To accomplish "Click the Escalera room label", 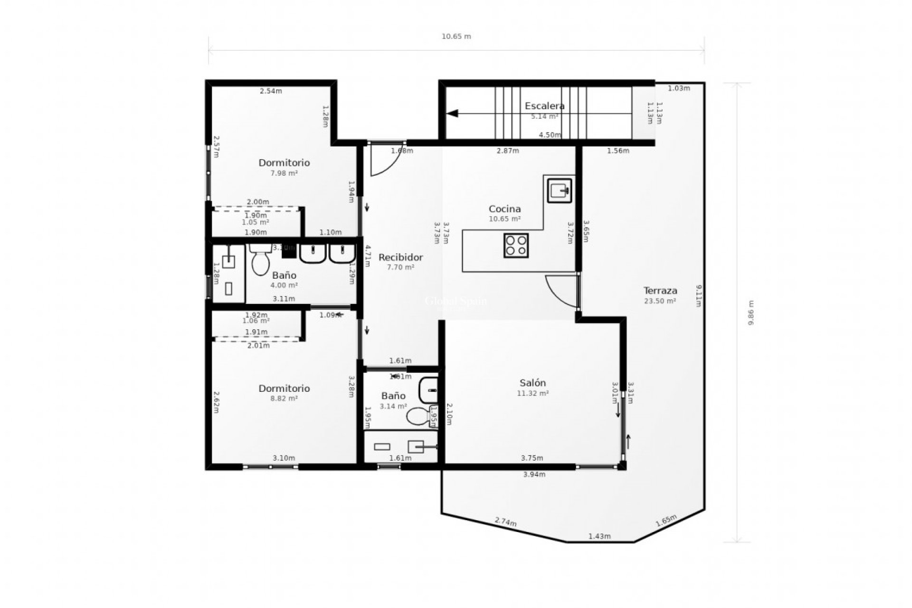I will pos(544,106).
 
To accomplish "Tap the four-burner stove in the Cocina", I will pos(516,246).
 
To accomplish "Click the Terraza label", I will pos(660,290).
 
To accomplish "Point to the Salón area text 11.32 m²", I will pos(532,393).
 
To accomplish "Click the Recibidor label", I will pos(400,257).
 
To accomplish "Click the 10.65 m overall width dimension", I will pos(456,37).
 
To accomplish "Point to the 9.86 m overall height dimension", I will pos(751,313).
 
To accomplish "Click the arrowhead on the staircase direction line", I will pos(452,114).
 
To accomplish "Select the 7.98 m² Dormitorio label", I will pos(284,163).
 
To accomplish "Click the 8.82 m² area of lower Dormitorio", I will pos(284,399).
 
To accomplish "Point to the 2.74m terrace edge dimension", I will pos(505,522).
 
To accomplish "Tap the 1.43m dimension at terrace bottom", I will pos(599,536).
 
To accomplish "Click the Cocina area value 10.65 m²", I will pos(504,219).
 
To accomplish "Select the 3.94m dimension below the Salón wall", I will pos(534,474).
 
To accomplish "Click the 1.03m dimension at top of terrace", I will pos(678,88).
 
